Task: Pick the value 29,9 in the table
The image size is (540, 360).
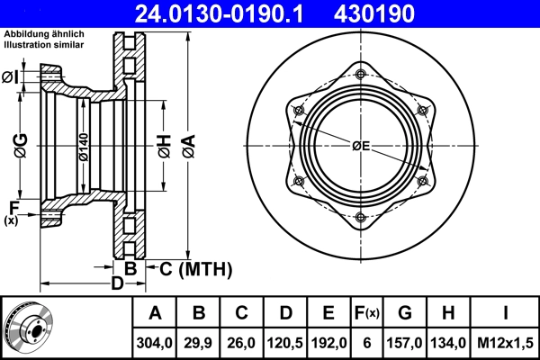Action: click(x=199, y=343)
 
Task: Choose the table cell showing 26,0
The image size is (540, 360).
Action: click(x=242, y=343)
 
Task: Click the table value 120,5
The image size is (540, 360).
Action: click(x=285, y=343)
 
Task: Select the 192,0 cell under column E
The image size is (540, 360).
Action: click(x=328, y=343)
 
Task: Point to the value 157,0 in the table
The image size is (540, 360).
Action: click(x=405, y=343)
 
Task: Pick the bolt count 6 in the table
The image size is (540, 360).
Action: click(x=366, y=343)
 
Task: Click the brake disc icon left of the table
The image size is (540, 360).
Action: click(x=29, y=327)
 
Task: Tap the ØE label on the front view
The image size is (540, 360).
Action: click(x=361, y=146)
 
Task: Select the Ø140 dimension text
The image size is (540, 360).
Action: click(x=82, y=146)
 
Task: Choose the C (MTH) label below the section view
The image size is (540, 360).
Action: click(x=195, y=268)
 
